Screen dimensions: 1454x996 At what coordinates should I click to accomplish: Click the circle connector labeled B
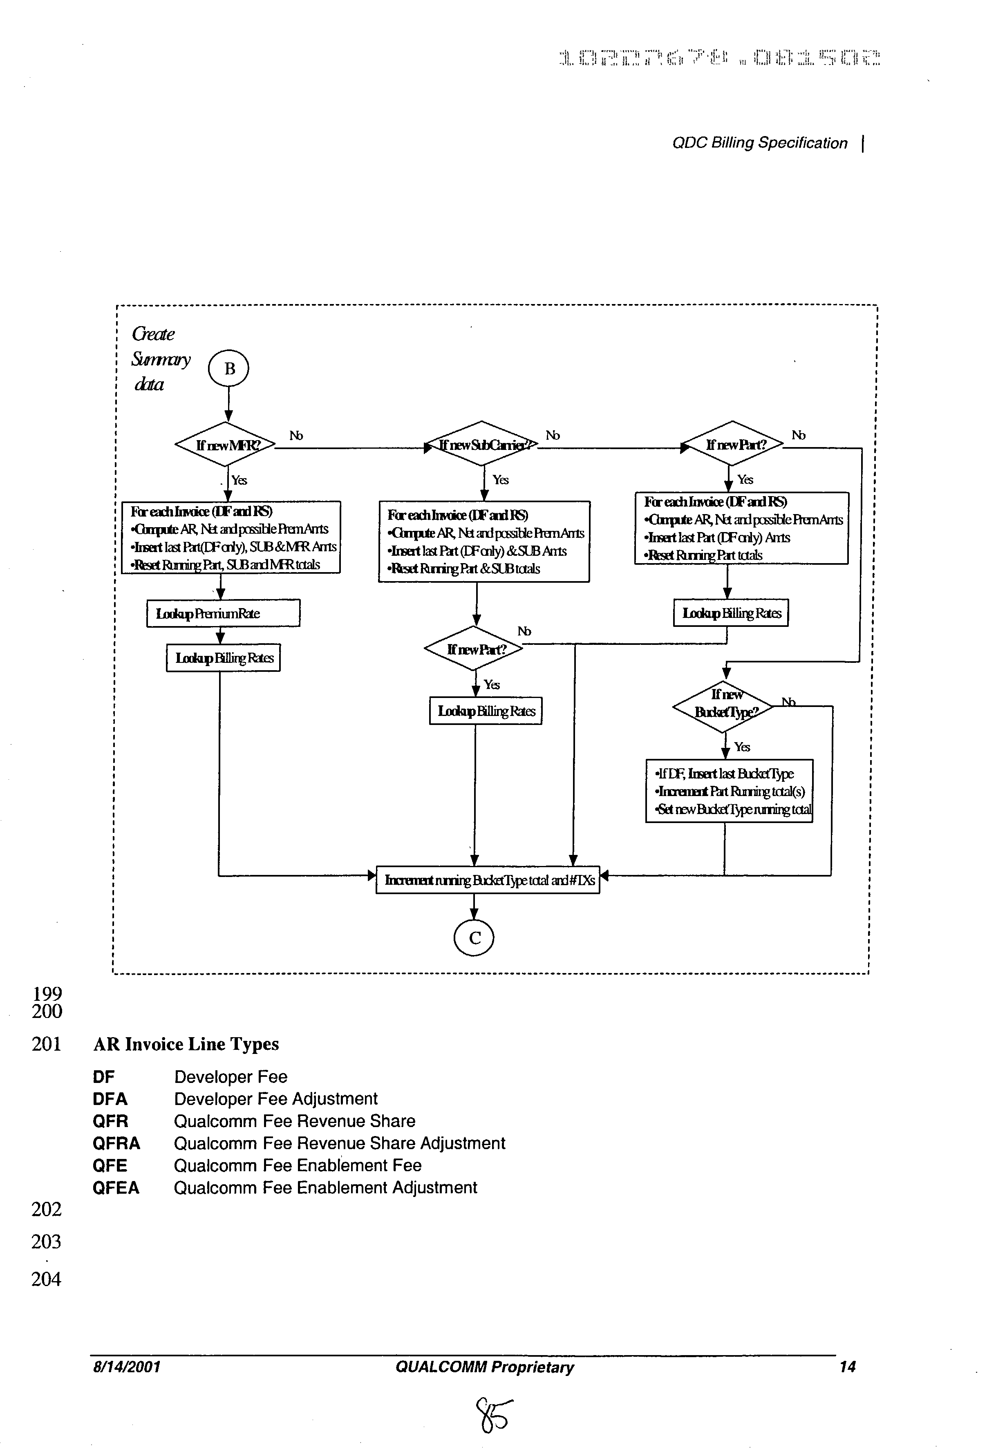(x=228, y=369)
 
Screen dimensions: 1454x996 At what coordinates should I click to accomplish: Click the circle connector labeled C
(x=474, y=938)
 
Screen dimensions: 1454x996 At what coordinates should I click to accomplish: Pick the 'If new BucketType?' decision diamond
(x=724, y=706)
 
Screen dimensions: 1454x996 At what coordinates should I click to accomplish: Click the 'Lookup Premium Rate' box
(x=223, y=613)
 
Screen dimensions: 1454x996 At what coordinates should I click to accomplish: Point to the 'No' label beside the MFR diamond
(x=296, y=436)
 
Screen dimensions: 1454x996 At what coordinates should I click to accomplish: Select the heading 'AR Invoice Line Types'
(x=186, y=1044)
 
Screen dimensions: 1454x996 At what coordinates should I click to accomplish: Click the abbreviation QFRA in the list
(x=116, y=1144)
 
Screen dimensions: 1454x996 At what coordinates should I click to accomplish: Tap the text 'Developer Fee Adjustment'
(x=275, y=1099)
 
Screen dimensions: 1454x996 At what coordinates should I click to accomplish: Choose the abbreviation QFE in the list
(x=110, y=1165)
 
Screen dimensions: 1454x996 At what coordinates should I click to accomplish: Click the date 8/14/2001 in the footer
(x=126, y=1367)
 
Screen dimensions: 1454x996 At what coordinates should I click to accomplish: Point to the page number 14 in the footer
(x=847, y=1367)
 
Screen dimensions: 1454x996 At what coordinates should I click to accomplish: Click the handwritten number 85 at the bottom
(x=494, y=1415)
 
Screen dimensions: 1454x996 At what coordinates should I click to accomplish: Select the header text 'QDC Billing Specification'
(x=759, y=143)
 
